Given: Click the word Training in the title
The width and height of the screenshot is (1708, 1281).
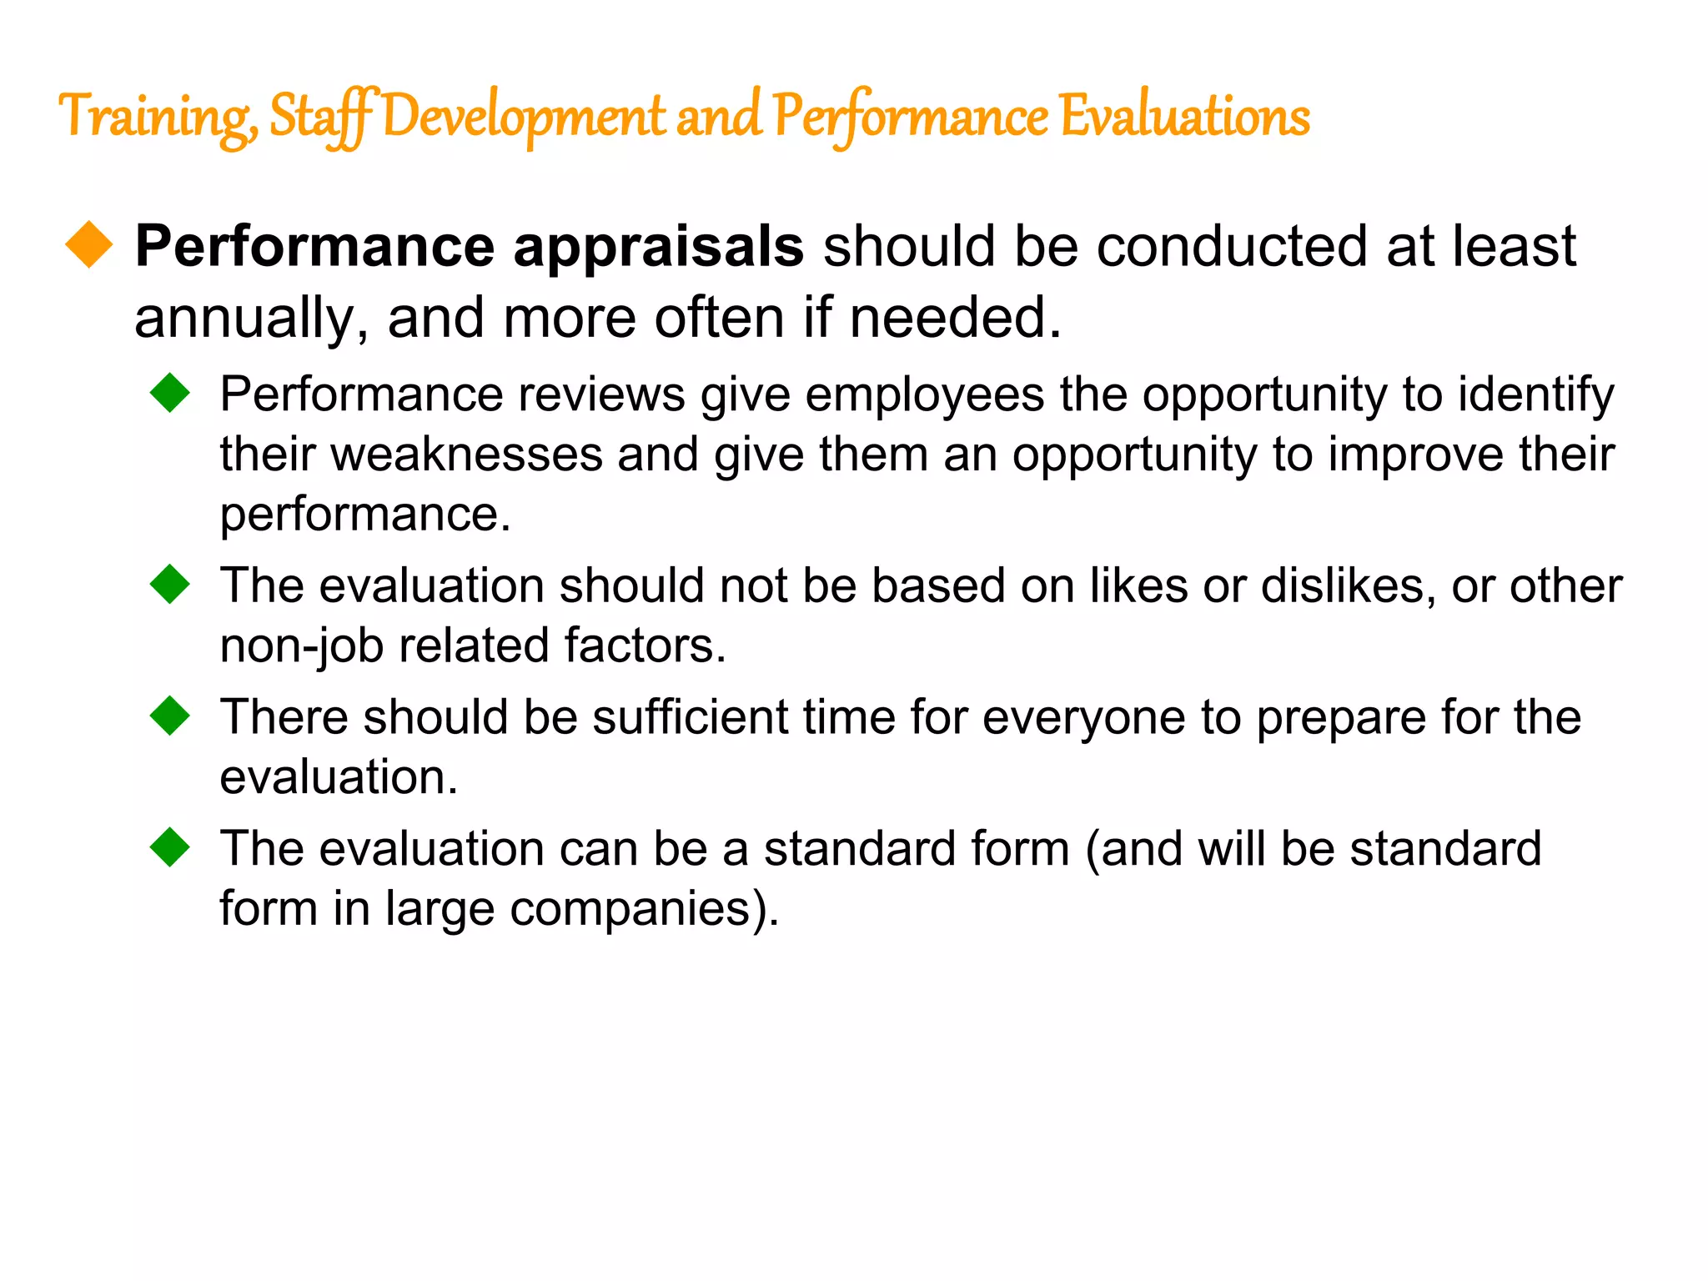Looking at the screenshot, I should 155,117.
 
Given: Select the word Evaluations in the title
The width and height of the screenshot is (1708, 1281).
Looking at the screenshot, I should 1184,117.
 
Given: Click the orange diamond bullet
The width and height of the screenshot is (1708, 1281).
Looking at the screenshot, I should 89,245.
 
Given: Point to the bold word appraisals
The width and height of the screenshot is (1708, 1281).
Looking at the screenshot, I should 658,248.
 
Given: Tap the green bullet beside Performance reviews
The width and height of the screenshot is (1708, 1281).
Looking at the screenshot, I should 170,392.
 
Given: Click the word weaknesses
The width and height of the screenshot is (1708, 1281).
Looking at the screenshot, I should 467,455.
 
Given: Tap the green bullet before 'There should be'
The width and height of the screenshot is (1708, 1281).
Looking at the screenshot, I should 170,716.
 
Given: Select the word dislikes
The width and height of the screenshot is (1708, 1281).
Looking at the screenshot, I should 1348,585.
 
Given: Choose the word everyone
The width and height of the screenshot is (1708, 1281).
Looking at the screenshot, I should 1083,719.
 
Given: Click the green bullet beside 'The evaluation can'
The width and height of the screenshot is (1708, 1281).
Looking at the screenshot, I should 170,846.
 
